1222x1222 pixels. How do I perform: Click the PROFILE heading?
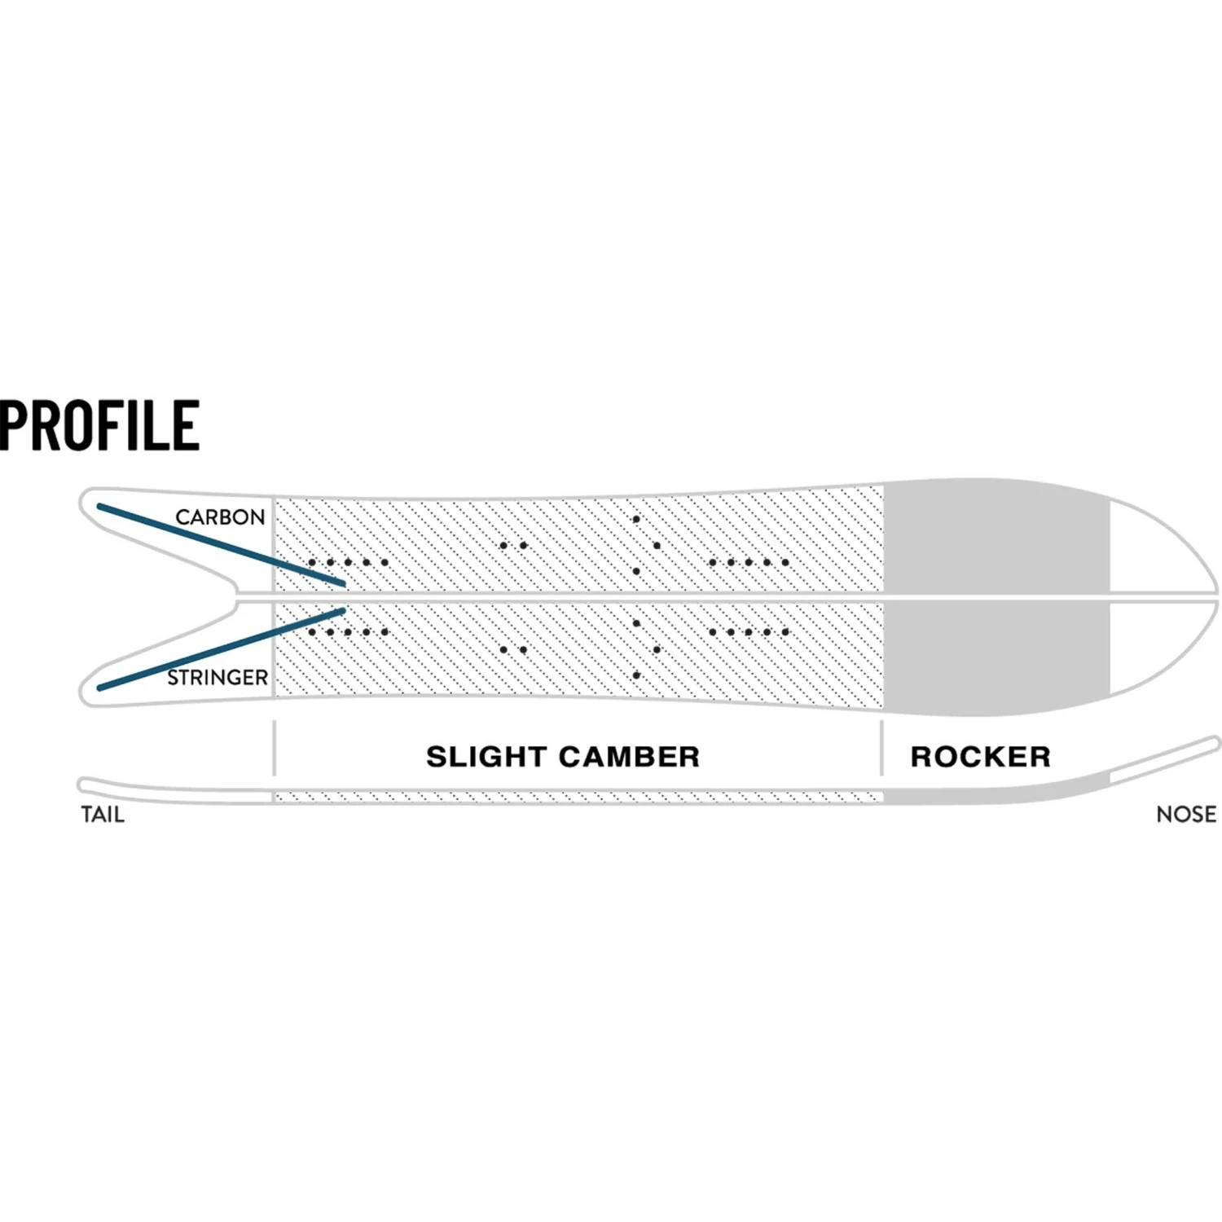pos(99,424)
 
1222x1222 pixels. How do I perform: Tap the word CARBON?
pos(220,516)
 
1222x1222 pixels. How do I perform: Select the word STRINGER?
pos(218,677)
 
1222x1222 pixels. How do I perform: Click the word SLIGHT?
pos(486,757)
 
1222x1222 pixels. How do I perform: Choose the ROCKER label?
pos(980,757)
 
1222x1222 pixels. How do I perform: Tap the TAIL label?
pos(103,814)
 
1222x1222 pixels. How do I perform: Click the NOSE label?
pos(1185,814)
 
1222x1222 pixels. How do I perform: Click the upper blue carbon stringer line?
pos(220,544)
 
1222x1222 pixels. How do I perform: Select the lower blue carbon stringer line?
pos(220,649)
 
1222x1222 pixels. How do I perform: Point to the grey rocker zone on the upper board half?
pos(996,538)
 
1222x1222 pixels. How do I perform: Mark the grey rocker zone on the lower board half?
pos(996,656)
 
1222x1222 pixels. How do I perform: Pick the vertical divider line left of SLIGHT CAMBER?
pos(275,747)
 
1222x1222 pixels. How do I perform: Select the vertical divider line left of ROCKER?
pos(881,747)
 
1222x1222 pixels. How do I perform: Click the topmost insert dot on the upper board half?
pos(636,519)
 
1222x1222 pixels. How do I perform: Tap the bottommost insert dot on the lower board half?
pos(636,675)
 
